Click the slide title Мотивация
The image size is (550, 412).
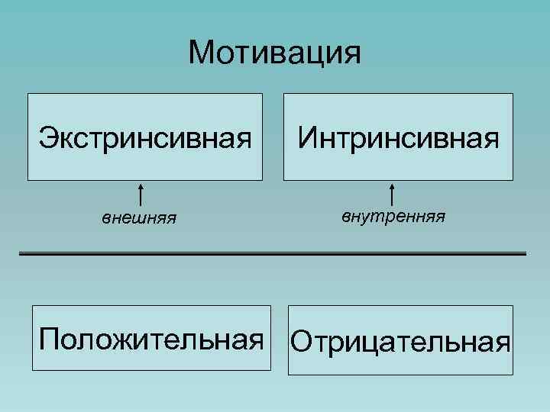(x=274, y=53)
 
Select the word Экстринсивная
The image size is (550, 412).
(x=145, y=139)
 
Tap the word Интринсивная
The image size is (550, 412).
(x=399, y=139)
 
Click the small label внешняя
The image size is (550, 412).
(x=140, y=219)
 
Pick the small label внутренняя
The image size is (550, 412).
(x=393, y=217)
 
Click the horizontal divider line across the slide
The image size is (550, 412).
(x=273, y=253)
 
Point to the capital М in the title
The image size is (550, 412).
(x=202, y=53)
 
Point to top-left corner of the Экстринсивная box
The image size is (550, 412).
(x=27, y=94)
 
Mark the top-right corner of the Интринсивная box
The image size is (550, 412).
(x=513, y=94)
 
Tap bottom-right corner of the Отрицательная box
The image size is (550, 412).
(x=513, y=375)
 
